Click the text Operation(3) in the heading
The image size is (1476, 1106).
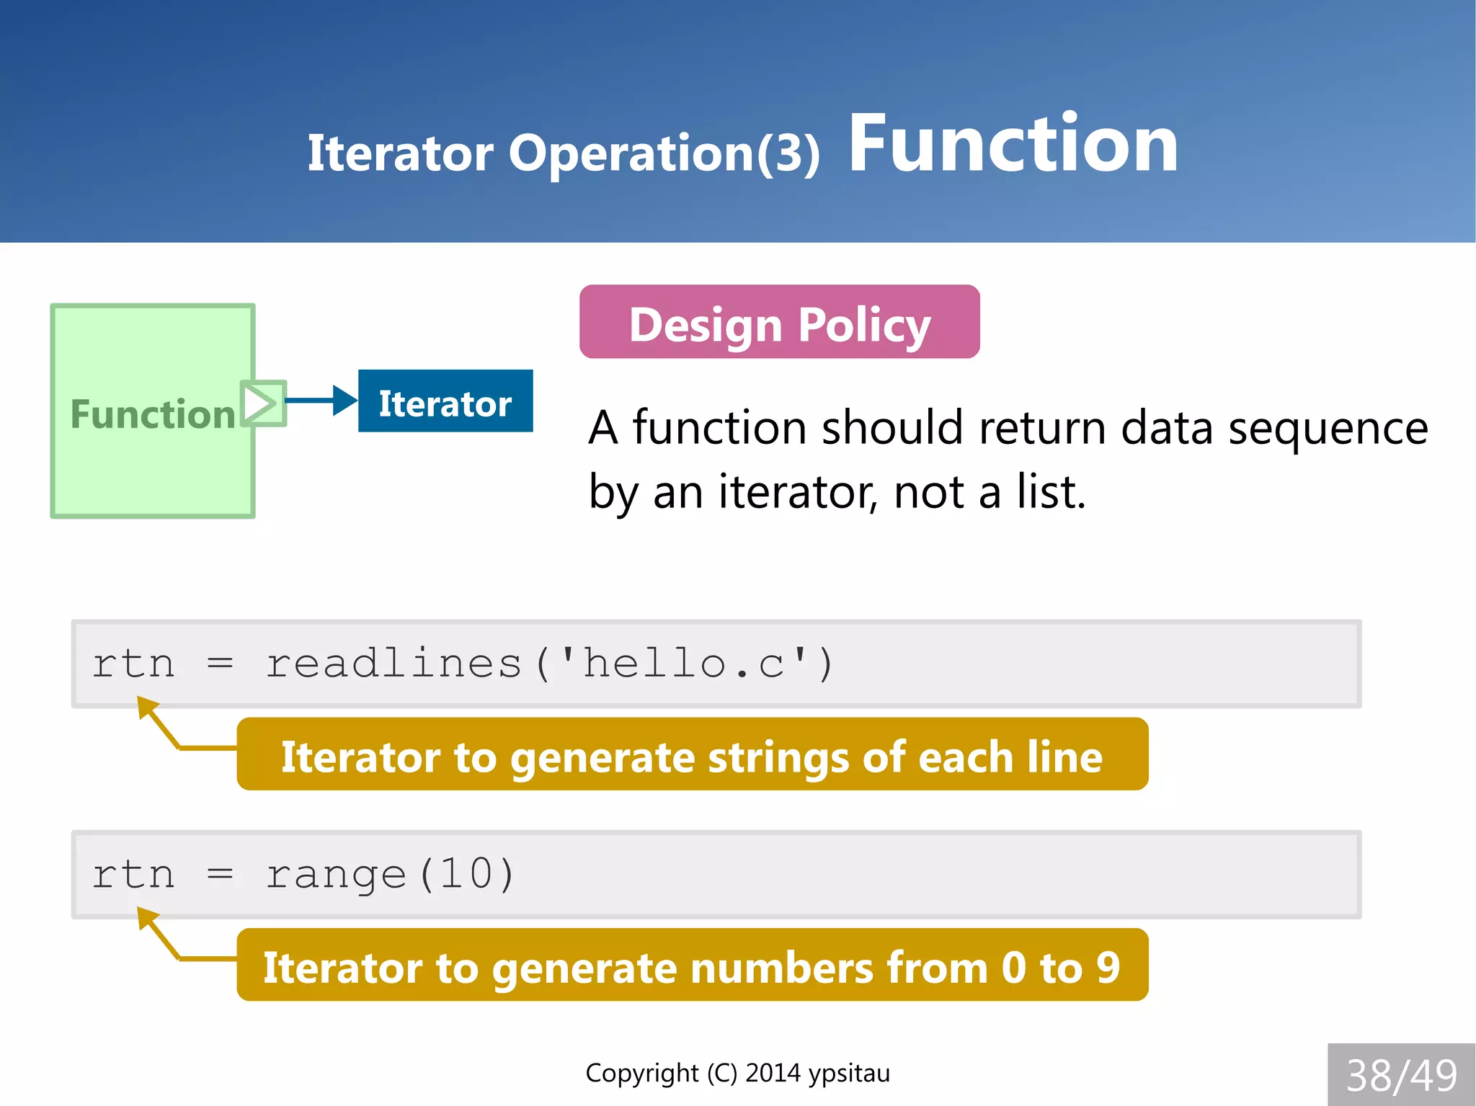point(664,153)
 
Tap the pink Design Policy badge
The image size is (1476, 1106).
point(779,322)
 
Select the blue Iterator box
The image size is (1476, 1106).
point(445,401)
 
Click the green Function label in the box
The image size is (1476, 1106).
point(153,414)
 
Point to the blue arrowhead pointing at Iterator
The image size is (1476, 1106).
point(345,401)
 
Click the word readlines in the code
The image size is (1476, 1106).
point(394,664)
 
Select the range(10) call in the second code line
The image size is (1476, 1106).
point(390,875)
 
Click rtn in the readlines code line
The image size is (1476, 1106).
point(133,664)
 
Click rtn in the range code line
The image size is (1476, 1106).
point(133,875)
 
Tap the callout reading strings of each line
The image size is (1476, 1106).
point(692,755)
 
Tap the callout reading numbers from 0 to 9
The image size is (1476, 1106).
point(692,965)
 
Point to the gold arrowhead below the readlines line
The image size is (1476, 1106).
point(146,706)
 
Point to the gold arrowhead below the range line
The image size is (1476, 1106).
point(146,917)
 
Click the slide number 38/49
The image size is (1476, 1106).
point(1401,1075)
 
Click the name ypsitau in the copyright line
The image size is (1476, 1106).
point(849,1073)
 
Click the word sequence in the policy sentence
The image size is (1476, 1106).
point(1328,428)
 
